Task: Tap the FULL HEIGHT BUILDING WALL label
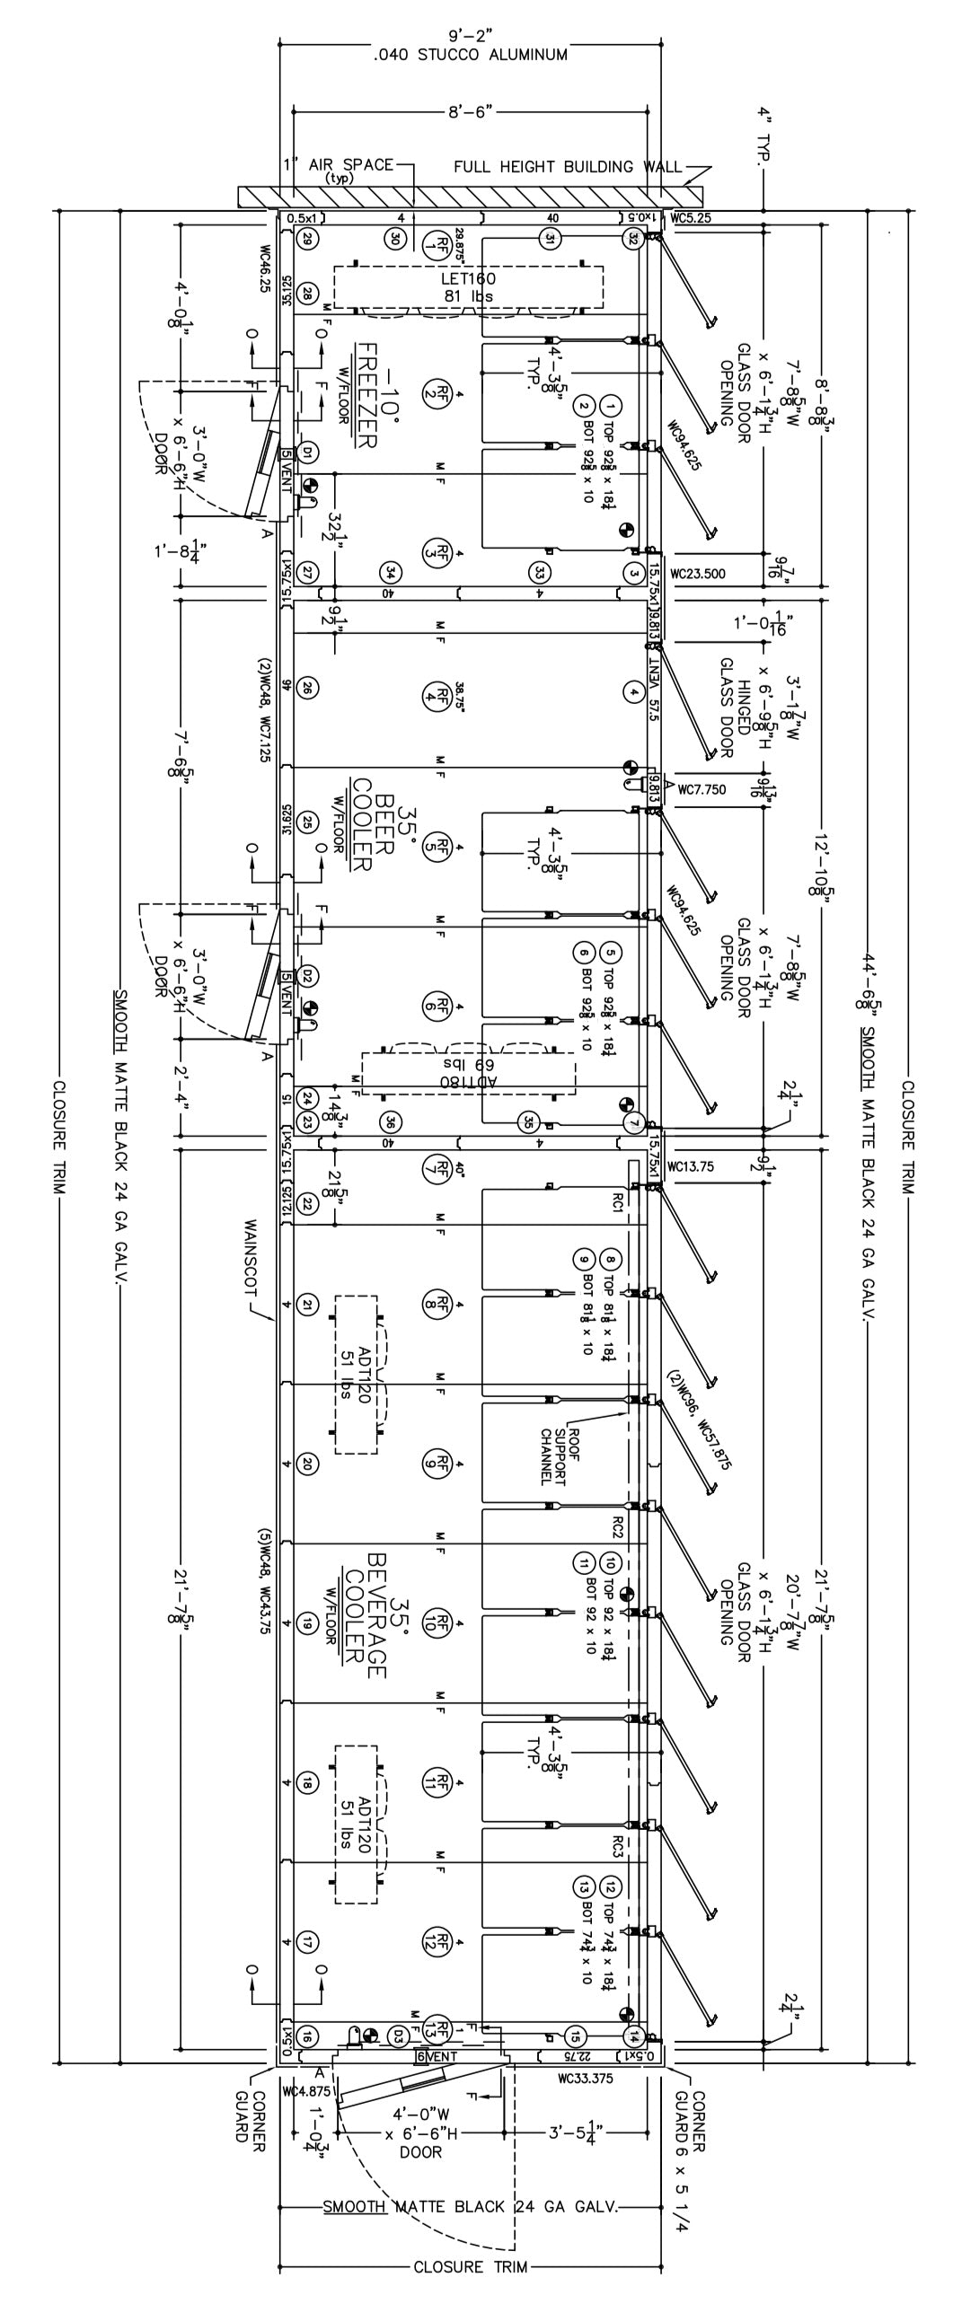568,167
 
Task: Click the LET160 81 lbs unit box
468,287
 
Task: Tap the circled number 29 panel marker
307,239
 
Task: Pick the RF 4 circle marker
434,691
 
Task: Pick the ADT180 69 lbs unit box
468,1073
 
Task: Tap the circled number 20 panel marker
307,1464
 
